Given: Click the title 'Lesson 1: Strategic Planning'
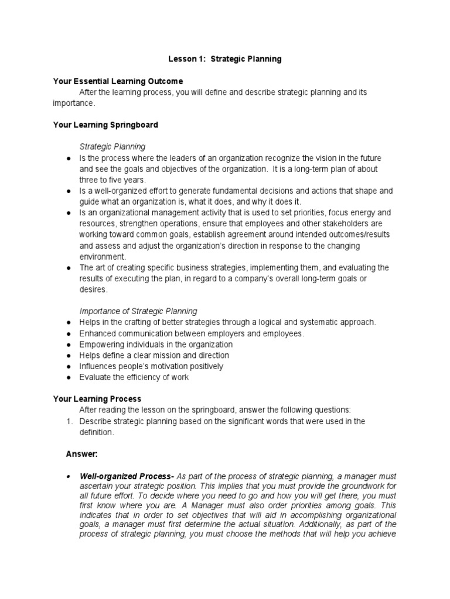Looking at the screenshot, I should click(x=225, y=59).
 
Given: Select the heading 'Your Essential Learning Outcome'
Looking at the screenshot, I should click(x=118, y=81).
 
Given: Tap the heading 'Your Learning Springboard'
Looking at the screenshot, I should click(x=105, y=125).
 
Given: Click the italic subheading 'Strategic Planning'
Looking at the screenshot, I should click(x=112, y=147).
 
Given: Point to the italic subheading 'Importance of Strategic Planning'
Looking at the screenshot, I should click(x=138, y=311).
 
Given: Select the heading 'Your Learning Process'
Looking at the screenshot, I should click(x=97, y=399).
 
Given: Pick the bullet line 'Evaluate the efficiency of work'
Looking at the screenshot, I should click(x=134, y=377).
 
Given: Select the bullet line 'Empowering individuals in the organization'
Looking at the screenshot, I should click(x=156, y=345).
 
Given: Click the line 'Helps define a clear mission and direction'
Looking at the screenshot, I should click(x=154, y=355).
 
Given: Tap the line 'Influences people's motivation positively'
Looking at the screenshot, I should click(x=151, y=366).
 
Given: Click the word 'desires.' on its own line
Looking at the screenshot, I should click(x=94, y=289).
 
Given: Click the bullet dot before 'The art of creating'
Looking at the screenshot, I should click(x=69, y=268).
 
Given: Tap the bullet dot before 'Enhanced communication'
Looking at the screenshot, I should click(x=69, y=333).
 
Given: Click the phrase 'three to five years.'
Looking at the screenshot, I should click(x=112, y=180).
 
